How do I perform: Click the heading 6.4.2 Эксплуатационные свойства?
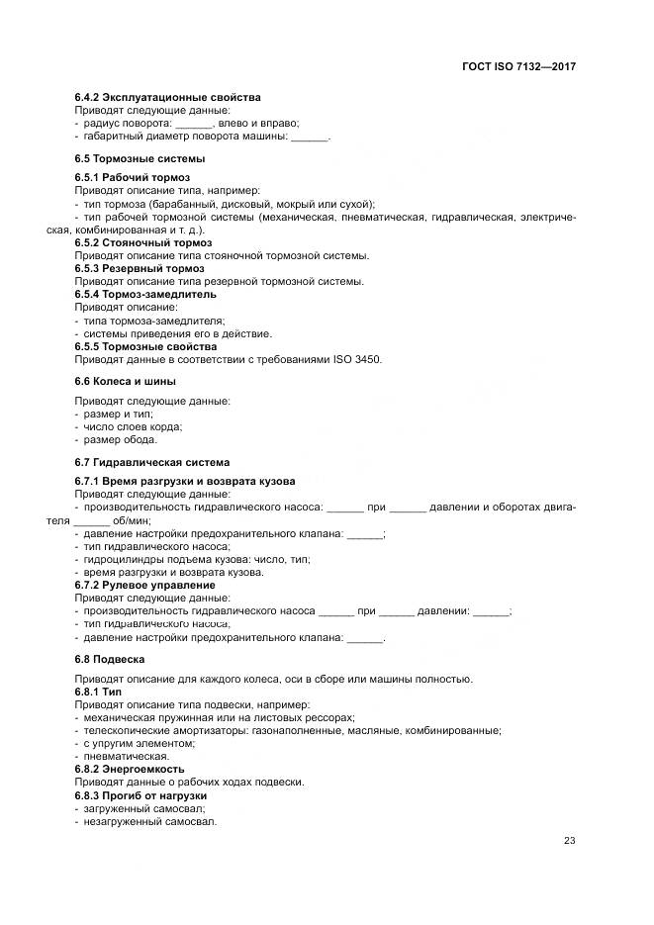167,98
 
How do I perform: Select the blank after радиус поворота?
194,124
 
